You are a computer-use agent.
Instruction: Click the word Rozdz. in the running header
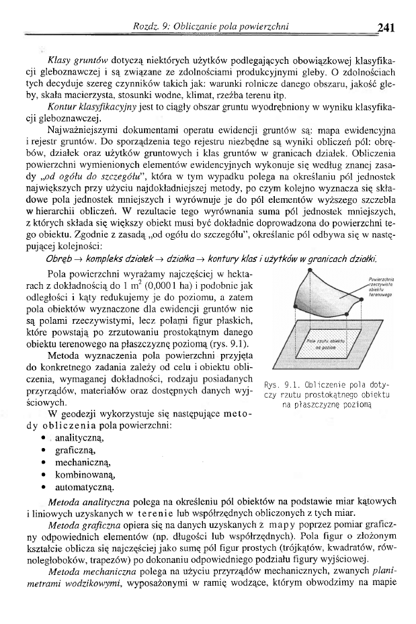pos(147,27)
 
